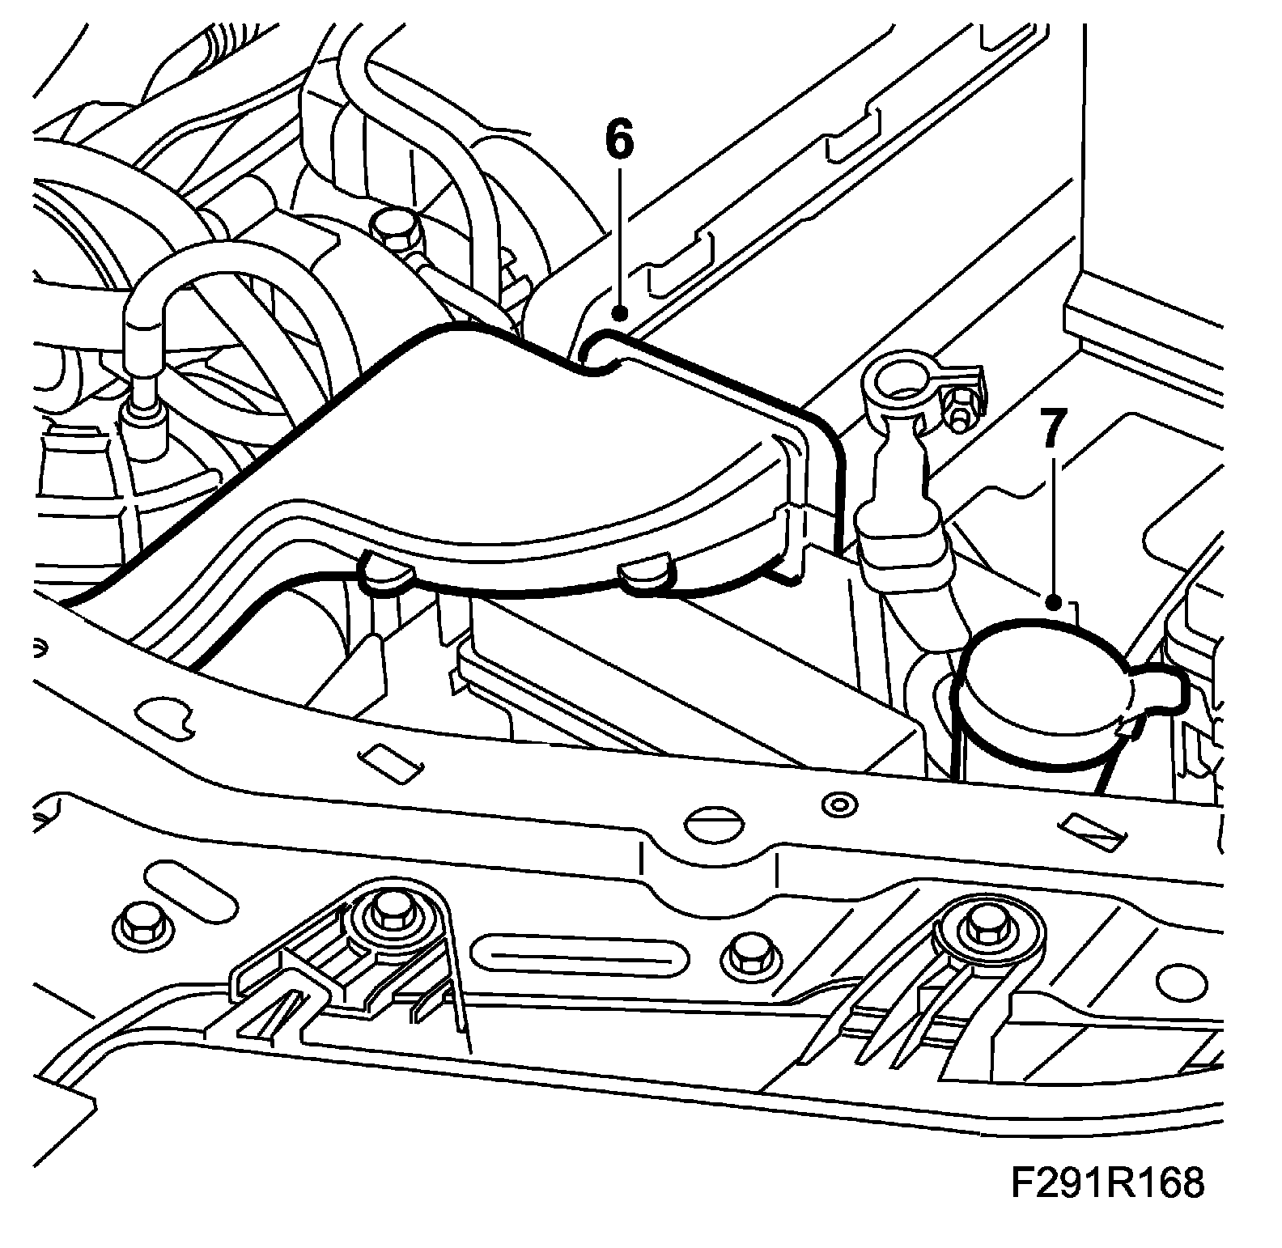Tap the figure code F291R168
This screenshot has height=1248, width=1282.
click(1107, 1182)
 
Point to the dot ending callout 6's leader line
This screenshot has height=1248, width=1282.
click(620, 312)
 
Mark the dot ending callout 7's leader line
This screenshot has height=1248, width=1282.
click(1052, 602)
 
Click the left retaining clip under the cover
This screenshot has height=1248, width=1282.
click(383, 571)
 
